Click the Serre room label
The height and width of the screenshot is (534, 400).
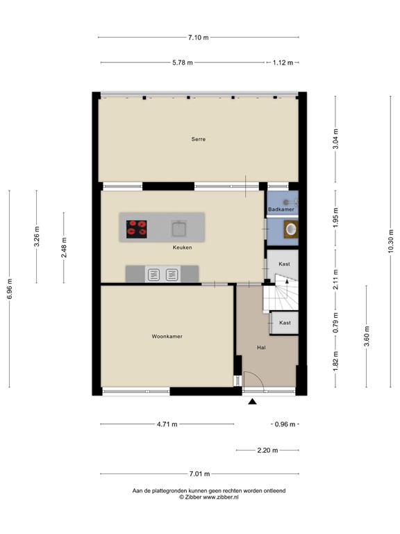[x=199, y=139]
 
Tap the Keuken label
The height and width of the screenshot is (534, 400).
[x=183, y=247]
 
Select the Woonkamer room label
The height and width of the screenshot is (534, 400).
[x=167, y=337]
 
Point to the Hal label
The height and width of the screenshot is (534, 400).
[x=261, y=347]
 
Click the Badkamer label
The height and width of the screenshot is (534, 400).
[x=281, y=209]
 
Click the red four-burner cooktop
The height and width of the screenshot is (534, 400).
[x=137, y=227]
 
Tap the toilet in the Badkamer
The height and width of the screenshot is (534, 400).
[x=290, y=229]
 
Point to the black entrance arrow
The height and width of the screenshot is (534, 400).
[x=251, y=400]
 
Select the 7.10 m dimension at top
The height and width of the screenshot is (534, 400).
[x=199, y=38]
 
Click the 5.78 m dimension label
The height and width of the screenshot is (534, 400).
[x=182, y=63]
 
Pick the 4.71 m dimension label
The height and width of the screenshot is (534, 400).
[x=167, y=424]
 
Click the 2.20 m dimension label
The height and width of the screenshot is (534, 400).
[x=267, y=451]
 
